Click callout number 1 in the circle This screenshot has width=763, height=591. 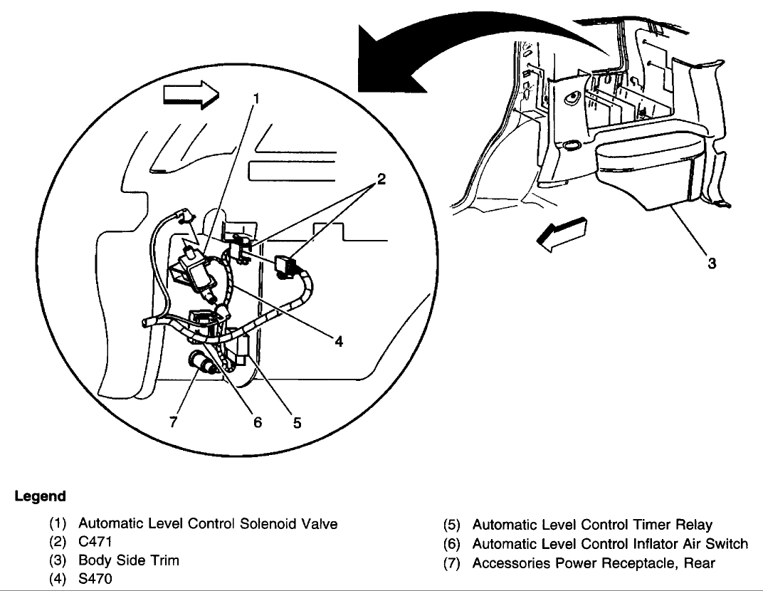click(x=256, y=99)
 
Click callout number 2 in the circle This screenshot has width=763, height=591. click(x=381, y=179)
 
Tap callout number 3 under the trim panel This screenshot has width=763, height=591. click(x=712, y=263)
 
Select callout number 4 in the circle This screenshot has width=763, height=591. click(x=339, y=342)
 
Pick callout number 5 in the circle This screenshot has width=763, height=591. click(x=297, y=422)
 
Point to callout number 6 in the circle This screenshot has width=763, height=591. click(x=258, y=422)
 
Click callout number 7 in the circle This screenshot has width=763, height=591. click(x=173, y=422)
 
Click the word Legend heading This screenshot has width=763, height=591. click(x=40, y=496)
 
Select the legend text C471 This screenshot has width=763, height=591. click(x=95, y=542)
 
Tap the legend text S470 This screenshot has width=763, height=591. click(x=95, y=579)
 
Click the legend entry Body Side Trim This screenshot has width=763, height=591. click(x=128, y=560)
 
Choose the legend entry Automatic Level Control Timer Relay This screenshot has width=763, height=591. click(x=592, y=525)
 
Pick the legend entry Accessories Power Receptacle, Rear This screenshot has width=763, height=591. click(x=594, y=563)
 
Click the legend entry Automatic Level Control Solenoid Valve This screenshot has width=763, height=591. click(x=208, y=524)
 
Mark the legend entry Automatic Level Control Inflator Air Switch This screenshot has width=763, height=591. click(x=610, y=544)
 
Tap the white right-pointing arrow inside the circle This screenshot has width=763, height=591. click(x=191, y=93)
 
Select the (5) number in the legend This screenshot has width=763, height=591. click(x=451, y=525)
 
